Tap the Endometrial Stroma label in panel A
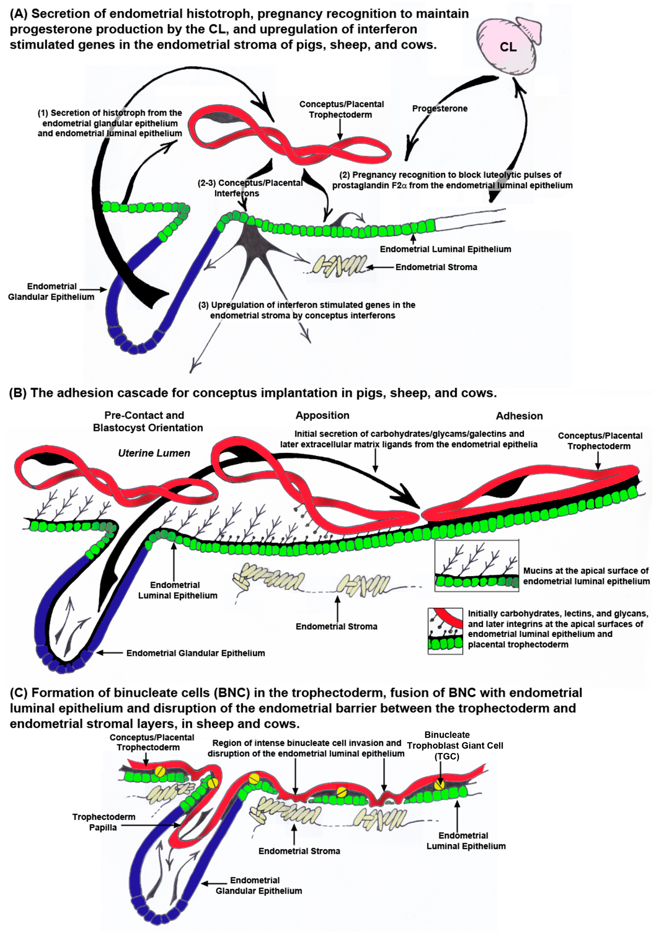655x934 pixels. [x=436, y=267]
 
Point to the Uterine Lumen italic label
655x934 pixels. [x=154, y=453]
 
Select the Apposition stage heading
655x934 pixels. [x=322, y=415]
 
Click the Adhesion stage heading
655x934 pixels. [x=519, y=416]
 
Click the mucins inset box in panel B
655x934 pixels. [x=476, y=565]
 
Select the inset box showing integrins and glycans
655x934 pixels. [x=445, y=631]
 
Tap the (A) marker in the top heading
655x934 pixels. [x=18, y=14]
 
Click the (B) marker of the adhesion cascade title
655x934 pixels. [x=18, y=393]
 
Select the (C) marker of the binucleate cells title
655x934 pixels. [x=18, y=693]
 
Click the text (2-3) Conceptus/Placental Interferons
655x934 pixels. [x=250, y=188]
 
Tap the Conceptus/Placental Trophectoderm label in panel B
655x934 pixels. [x=600, y=441]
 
